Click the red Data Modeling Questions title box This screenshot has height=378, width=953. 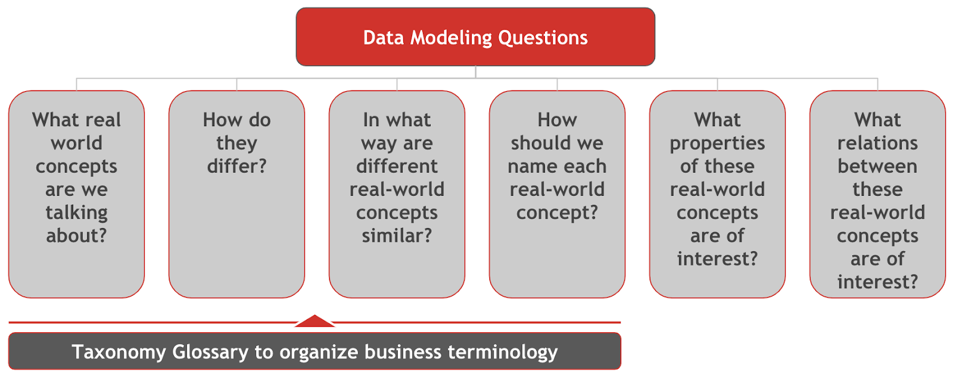coord(475,36)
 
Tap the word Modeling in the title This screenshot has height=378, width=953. coord(450,38)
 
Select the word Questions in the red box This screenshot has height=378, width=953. coord(543,38)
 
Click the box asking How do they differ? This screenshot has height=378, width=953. coord(236,194)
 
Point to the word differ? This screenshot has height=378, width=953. coord(236,165)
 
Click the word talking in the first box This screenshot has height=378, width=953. coord(77,213)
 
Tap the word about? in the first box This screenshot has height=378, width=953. coord(77,235)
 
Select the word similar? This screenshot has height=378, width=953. coord(397,235)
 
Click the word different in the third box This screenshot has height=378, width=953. coord(397,165)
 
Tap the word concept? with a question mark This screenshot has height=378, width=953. coord(558,213)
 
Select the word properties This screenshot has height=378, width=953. coord(717,143)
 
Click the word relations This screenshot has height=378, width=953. coord(878,143)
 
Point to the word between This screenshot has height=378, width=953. coord(878,165)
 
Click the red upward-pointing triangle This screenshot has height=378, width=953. coord(314,321)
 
